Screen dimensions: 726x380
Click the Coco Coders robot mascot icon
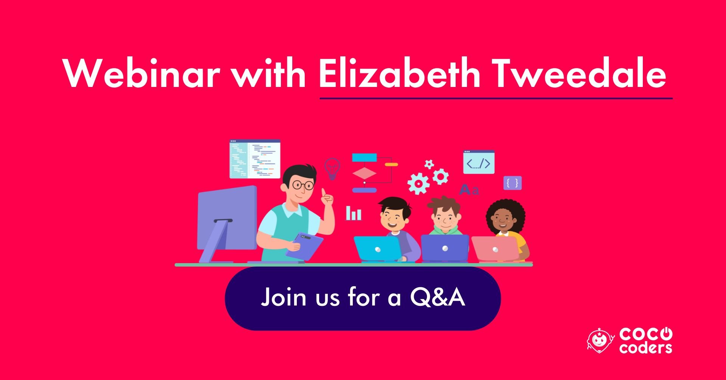600,340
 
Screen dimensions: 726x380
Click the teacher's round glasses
303,185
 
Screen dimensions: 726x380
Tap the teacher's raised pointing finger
324,193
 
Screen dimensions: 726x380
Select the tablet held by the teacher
304,246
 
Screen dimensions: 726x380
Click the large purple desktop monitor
227,223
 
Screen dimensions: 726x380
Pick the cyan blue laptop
378,249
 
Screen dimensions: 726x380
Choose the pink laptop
495,249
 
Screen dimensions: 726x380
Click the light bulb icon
332,168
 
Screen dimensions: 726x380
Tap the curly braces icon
512,183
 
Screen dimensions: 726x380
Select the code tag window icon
479,162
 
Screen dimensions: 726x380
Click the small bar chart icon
354,213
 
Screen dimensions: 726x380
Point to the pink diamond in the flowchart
364,174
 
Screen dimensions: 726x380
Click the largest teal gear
418,184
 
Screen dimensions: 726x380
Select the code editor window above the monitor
255,159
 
